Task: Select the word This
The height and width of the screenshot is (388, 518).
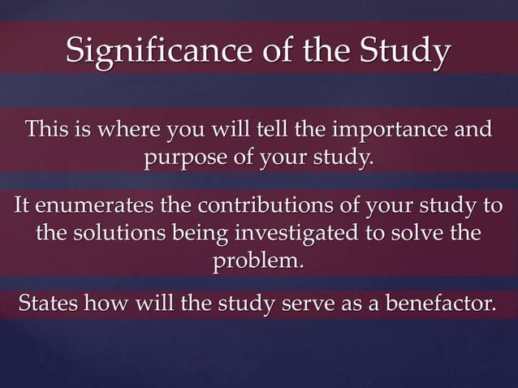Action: click(x=47, y=130)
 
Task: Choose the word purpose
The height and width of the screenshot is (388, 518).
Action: click(x=189, y=156)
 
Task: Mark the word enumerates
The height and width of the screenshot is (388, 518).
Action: click(x=95, y=208)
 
